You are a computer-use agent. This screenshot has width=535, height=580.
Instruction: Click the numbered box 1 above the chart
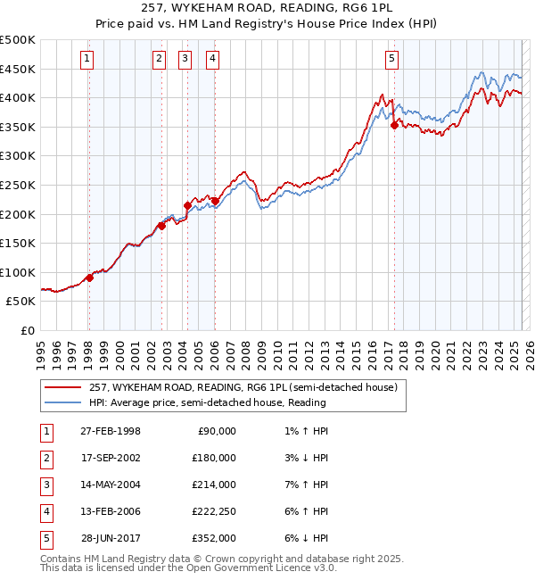pyautogui.click(x=87, y=60)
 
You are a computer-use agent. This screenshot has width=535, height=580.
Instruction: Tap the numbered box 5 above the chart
pyautogui.click(x=392, y=60)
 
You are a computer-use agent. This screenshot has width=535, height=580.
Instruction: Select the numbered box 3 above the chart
pyautogui.click(x=185, y=60)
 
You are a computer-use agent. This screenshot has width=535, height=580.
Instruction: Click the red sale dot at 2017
pyautogui.click(x=394, y=126)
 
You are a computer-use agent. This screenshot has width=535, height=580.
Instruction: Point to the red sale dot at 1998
pyautogui.click(x=90, y=278)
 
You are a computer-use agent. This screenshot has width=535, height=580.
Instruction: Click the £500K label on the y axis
pyautogui.click(x=18, y=40)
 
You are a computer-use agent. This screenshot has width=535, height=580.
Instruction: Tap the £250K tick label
pyautogui.click(x=18, y=185)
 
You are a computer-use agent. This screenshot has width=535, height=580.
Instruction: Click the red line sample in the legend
pyautogui.click(x=63, y=386)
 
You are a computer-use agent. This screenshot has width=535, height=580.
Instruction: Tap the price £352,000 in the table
pyautogui.click(x=214, y=538)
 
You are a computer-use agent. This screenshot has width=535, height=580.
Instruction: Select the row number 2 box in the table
pyautogui.click(x=45, y=458)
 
